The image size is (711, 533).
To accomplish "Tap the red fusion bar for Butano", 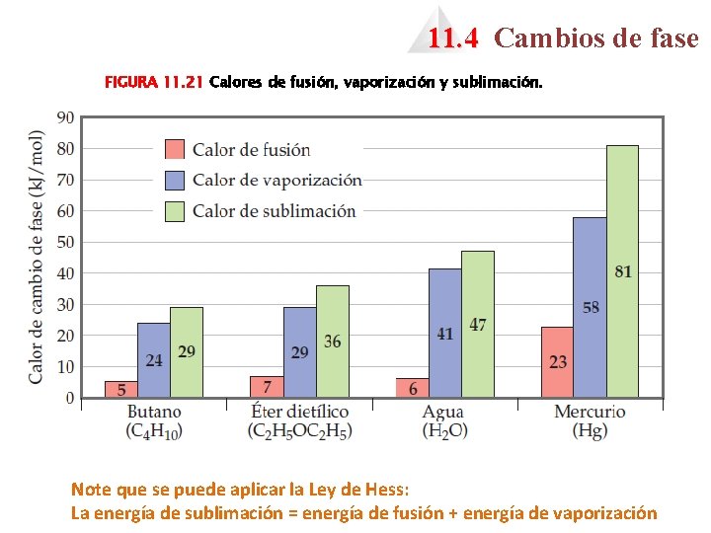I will [x=121, y=389].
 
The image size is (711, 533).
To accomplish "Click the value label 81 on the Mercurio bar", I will [x=623, y=271].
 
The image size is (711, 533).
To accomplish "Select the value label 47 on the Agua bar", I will [x=478, y=325].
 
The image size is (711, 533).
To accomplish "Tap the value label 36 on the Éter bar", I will [x=333, y=342].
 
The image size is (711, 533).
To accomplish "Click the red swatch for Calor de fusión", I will [x=175, y=149].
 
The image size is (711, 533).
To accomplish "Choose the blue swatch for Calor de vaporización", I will [x=175, y=180].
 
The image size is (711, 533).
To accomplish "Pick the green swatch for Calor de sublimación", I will [x=175, y=210].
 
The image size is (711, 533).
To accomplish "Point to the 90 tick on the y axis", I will [x=65, y=117].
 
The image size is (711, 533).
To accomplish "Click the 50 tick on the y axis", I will [x=65, y=242].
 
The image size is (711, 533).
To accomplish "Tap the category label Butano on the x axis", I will [x=154, y=412].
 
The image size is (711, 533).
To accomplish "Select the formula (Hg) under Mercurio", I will [x=590, y=430].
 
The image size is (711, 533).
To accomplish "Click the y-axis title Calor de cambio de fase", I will [x=37, y=257].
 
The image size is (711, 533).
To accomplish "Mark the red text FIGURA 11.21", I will [x=154, y=84].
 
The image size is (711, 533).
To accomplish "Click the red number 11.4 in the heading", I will [x=453, y=38].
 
